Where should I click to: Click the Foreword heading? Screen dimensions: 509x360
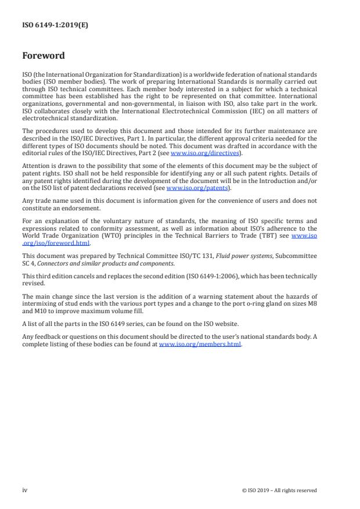(x=44, y=56)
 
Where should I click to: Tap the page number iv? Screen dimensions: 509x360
(x=25, y=490)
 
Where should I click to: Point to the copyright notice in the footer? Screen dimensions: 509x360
(x=279, y=490)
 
